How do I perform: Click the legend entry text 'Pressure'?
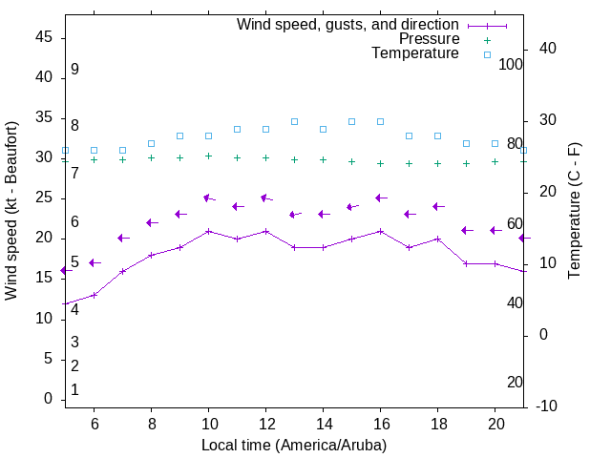point(429,39)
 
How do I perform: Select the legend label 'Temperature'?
point(415,53)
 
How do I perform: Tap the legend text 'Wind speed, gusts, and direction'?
point(348,25)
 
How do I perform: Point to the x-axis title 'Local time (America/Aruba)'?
point(294,445)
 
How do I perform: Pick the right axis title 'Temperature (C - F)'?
point(574,211)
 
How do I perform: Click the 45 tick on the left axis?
point(44,36)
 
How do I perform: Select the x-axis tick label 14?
point(323,424)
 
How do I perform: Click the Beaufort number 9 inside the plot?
point(74,70)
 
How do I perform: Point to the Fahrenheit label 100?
point(511,64)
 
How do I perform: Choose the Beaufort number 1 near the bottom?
point(74,390)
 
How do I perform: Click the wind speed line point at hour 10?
point(208,231)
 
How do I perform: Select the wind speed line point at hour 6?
point(94,295)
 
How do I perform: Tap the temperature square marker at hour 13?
point(294,122)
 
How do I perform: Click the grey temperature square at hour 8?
point(151,143)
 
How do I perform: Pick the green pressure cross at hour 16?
point(380,163)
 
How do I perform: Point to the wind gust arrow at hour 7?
point(122,238)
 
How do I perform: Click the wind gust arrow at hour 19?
point(466,230)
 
